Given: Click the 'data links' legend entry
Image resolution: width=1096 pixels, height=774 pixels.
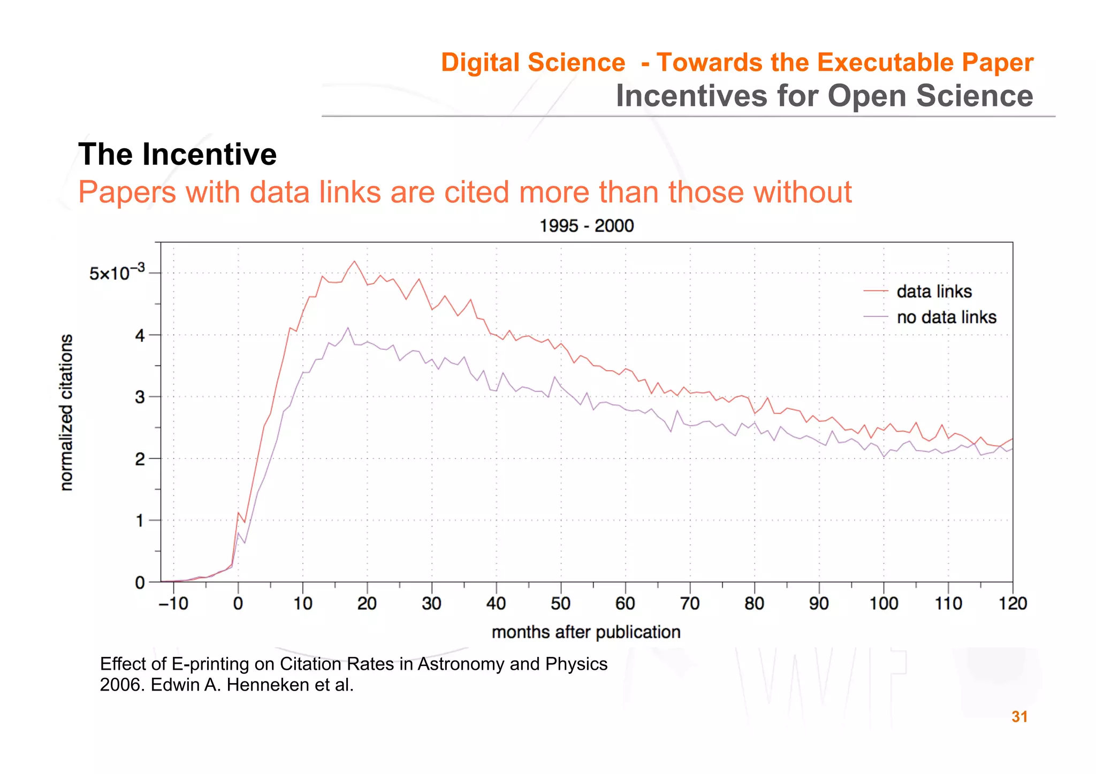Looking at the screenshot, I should (x=933, y=292).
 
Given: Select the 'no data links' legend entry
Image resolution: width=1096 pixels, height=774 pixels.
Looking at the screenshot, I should (x=946, y=317).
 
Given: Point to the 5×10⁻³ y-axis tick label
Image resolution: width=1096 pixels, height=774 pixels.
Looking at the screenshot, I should (x=117, y=273).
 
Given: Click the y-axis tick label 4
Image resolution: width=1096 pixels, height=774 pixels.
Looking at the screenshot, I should (x=140, y=336).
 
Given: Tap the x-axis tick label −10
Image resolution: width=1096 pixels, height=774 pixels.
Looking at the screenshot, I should (x=173, y=603).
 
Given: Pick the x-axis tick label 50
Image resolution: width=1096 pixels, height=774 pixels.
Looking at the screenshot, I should (x=560, y=603).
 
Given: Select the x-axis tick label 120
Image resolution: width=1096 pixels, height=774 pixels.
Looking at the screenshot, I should (x=1012, y=603).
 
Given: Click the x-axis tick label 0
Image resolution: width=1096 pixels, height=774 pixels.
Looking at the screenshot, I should (x=238, y=603).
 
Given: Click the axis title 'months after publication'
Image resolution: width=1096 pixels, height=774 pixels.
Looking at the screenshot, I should (x=585, y=632).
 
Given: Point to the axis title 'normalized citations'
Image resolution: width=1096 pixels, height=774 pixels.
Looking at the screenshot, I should (x=66, y=412).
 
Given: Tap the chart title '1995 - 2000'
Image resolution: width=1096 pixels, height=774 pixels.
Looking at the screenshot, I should (x=586, y=226).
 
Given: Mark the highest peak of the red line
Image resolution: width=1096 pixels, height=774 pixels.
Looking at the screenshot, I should (x=354, y=261).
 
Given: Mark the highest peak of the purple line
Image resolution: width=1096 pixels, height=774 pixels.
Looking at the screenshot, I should (x=348, y=327).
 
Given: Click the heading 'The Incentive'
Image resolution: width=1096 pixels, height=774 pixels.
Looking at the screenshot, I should (x=177, y=155).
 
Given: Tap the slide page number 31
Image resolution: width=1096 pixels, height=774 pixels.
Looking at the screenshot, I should (x=1019, y=717).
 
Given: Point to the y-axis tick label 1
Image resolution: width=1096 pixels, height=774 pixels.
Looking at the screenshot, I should (x=140, y=520).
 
